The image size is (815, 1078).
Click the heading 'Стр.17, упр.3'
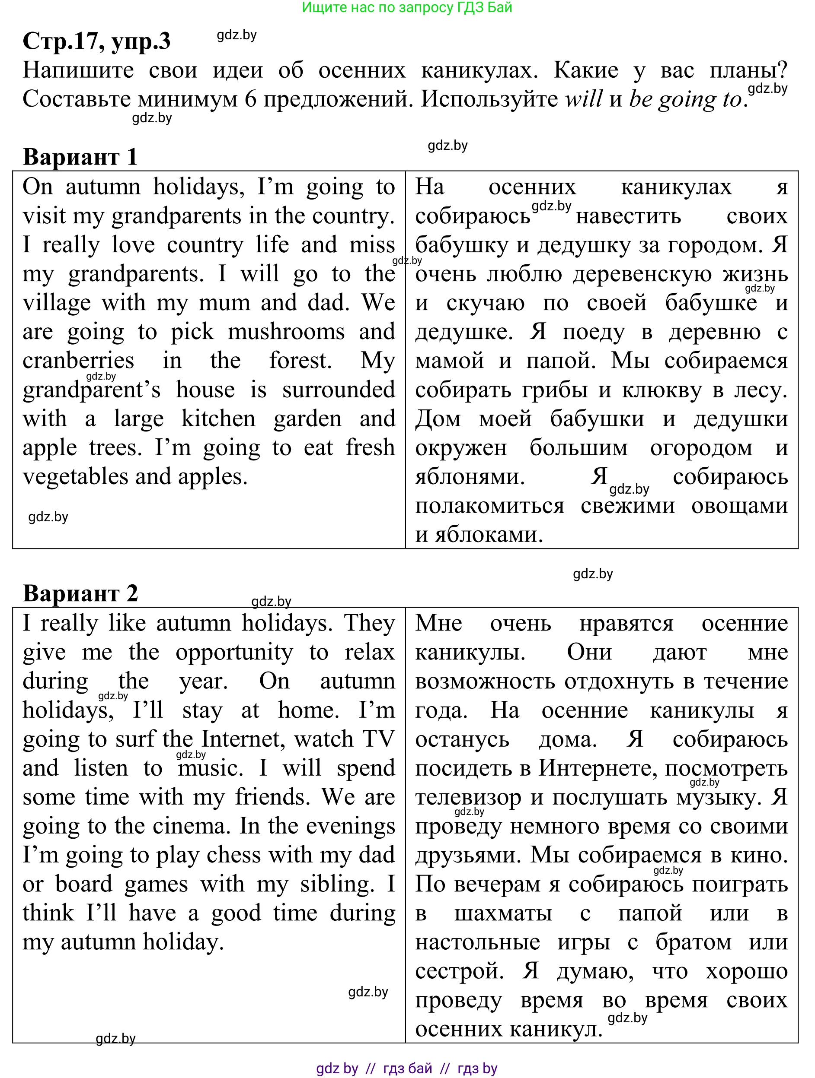[96, 41]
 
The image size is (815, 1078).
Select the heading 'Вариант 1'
[80, 157]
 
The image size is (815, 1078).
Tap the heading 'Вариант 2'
[80, 593]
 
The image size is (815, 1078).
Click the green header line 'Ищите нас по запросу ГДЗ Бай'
[407, 7]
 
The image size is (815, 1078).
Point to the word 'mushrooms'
[286, 332]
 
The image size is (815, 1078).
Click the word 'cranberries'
[78, 361]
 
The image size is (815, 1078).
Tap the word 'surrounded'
[339, 390]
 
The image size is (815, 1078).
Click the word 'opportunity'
[234, 652]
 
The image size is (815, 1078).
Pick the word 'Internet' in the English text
[243, 739]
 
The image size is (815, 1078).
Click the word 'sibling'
[336, 884]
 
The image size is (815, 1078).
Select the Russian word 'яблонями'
[470, 477]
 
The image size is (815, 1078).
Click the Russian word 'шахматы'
[503, 913]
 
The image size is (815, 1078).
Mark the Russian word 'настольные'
[477, 942]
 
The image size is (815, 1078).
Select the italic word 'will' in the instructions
[584, 99]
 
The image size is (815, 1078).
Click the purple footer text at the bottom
[407, 1068]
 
